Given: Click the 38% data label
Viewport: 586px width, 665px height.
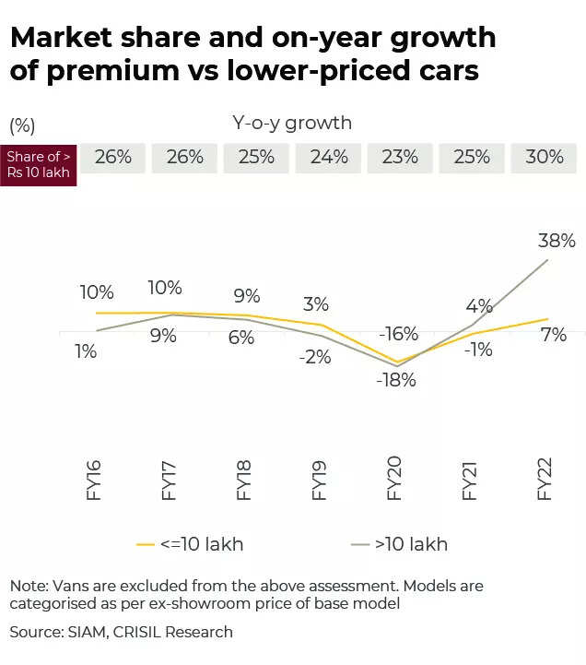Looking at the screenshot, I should pos(557,242).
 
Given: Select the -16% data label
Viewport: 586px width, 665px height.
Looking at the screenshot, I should pos(399,334).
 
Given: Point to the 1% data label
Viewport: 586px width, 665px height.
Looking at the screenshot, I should pos(86,351).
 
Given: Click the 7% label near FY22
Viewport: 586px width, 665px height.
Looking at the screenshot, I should pos(553,336).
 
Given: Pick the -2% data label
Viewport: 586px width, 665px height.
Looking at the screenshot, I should pos(315,357).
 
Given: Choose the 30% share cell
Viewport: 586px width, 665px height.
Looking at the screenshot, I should pos(544,158).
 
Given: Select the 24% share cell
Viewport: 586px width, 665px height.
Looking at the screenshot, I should pos(329,158).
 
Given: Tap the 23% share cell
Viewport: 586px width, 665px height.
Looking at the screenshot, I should pos(400,158).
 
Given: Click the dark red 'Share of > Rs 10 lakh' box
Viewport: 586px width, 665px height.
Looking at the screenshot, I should pos(39,165).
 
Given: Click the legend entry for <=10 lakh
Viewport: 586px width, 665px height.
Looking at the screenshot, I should pos(190,544).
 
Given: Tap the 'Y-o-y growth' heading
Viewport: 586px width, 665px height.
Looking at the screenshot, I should pos(292,123).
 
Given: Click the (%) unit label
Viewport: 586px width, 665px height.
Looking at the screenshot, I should pos(22,125).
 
